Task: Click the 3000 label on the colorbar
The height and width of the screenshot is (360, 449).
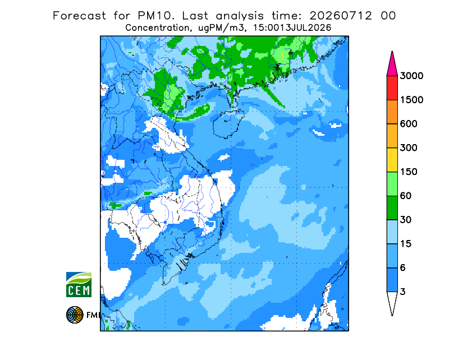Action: tap(411, 76)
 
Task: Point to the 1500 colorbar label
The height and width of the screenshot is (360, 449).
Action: tap(411, 100)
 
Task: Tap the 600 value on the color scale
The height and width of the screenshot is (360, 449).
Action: tap(409, 124)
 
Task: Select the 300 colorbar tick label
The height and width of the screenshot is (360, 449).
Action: tap(409, 148)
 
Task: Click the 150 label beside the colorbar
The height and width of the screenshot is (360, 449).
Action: tap(409, 172)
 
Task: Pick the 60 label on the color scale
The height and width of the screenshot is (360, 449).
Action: tap(406, 196)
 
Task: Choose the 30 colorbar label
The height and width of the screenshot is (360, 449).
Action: tap(406, 220)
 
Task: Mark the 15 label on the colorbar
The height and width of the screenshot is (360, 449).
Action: tap(406, 244)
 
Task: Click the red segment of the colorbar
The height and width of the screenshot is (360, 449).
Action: tap(392, 88)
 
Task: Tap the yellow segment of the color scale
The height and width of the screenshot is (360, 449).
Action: tap(392, 160)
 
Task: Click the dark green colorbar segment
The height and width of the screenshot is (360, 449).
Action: tap(392, 208)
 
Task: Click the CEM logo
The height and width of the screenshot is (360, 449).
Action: tap(79, 285)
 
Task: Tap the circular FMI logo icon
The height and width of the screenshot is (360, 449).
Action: tap(75, 315)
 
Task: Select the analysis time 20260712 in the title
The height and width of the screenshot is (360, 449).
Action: tap(341, 16)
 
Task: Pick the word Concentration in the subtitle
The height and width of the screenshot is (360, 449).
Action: tap(157, 28)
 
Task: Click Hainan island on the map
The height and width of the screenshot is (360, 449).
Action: tap(228, 123)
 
